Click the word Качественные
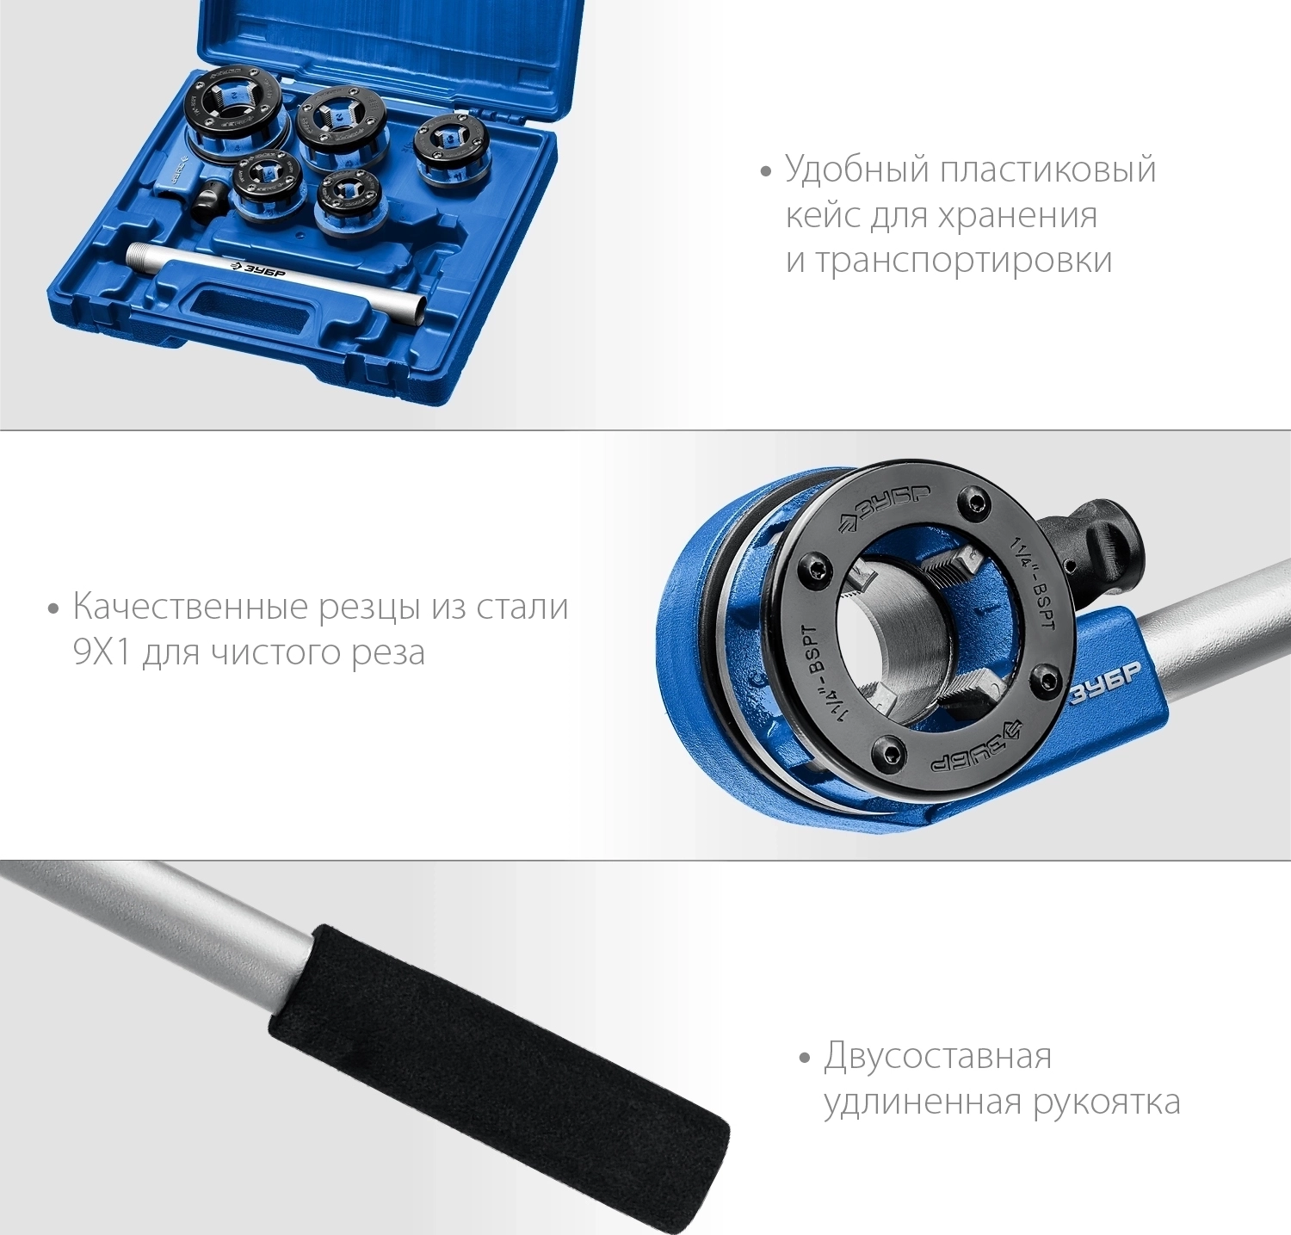(x=190, y=608)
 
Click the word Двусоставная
(x=937, y=1057)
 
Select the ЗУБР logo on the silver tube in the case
(x=258, y=267)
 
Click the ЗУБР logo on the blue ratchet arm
(x=1105, y=685)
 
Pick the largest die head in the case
(x=233, y=113)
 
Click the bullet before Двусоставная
(x=805, y=1058)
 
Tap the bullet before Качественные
(x=54, y=608)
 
